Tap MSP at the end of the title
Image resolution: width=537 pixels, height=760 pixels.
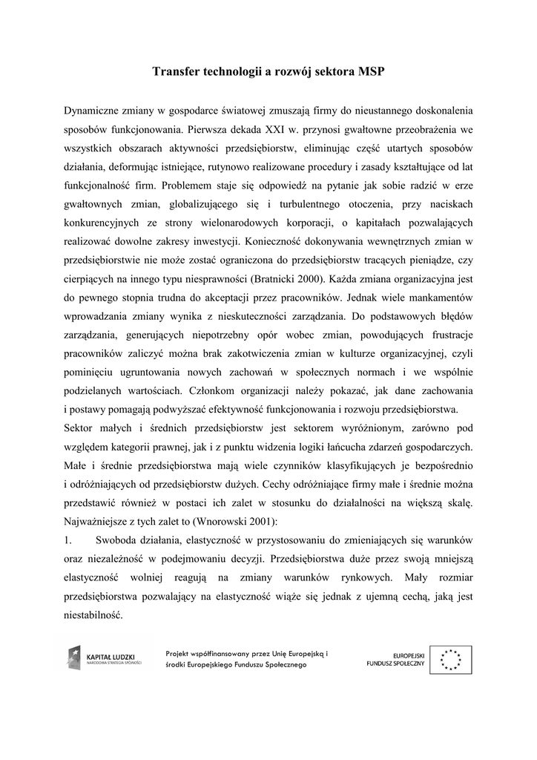pyautogui.click(x=372, y=72)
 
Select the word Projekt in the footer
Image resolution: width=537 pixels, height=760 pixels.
pyautogui.click(x=181, y=652)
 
